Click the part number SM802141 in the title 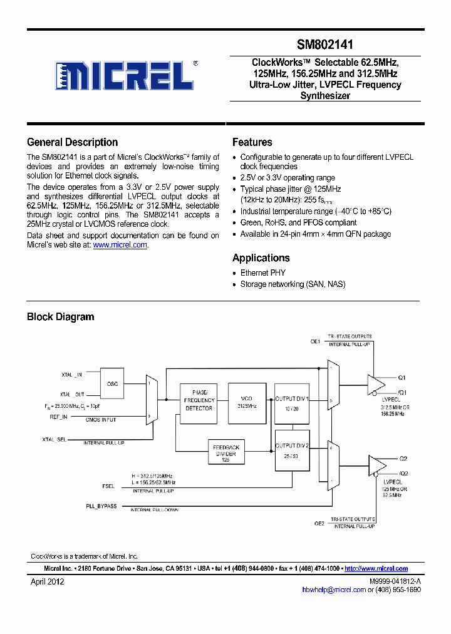[x=325, y=45]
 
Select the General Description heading [x=72, y=142]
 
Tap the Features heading [x=252, y=142]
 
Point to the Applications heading [x=261, y=257]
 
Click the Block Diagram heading [x=60, y=316]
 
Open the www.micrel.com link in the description [x=120, y=245]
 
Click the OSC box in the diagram [x=113, y=383]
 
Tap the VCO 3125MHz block [x=247, y=402]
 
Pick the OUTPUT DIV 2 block [x=292, y=450]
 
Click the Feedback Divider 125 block [x=226, y=451]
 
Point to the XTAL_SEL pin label [x=54, y=439]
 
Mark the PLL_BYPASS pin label [x=101, y=506]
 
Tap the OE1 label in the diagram [x=316, y=341]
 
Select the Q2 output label [x=403, y=459]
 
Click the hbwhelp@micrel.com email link [x=333, y=590]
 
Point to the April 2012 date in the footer [x=48, y=581]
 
